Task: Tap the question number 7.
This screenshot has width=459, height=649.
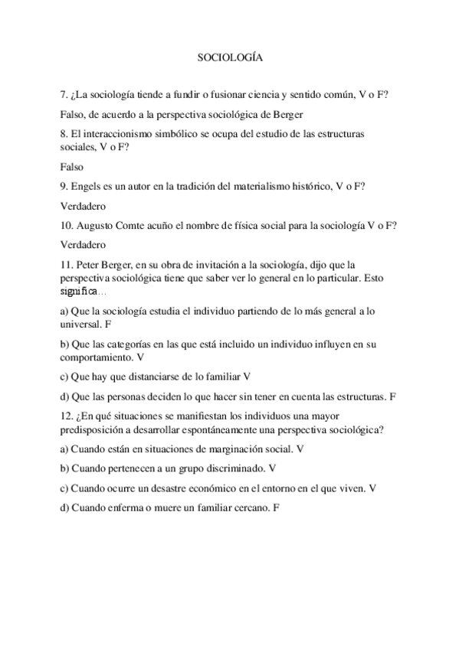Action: click(63, 95)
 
